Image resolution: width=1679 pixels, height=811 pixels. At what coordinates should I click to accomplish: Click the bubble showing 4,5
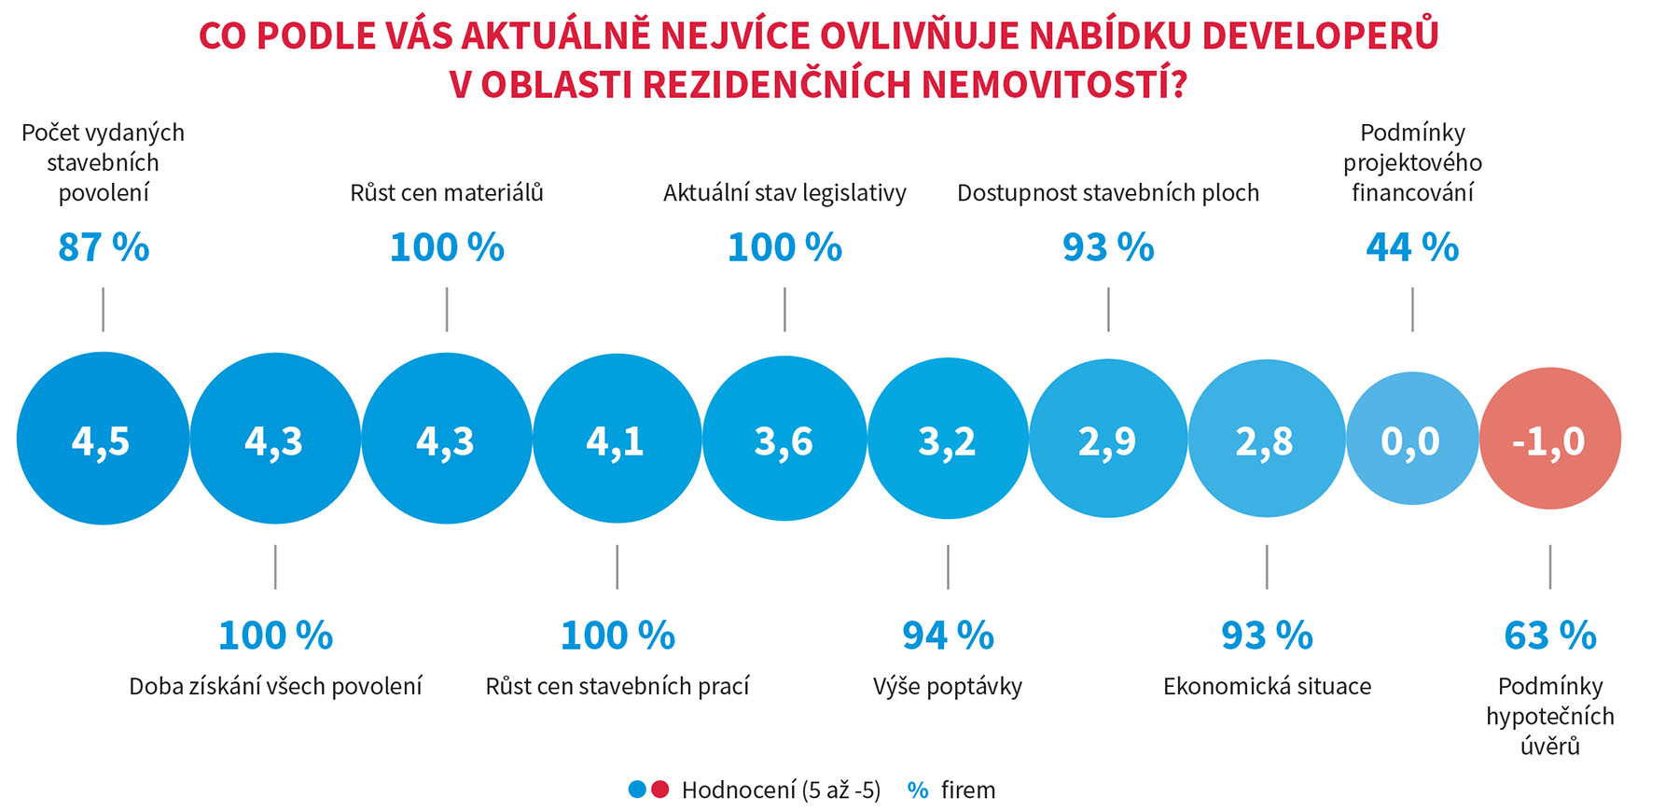pos(103,439)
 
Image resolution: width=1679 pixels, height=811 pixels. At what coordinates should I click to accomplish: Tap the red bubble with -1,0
pos(1549,439)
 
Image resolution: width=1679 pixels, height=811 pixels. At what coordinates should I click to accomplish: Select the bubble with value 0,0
pos(1411,439)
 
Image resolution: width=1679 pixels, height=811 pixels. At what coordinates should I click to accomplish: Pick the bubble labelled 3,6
pos(784,439)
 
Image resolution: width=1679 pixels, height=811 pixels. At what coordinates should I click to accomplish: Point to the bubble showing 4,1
pos(617,439)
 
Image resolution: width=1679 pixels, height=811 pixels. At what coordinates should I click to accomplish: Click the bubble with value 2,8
pos(1266,439)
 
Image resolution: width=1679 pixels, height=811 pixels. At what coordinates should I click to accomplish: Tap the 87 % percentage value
pos(103,247)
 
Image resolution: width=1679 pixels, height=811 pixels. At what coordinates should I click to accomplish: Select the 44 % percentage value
pos(1412,247)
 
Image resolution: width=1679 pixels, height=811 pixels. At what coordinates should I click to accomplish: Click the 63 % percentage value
pos(1549,636)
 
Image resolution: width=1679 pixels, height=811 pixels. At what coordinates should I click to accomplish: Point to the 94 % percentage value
pos(948,636)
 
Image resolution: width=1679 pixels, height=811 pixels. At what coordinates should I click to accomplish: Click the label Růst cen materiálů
pos(447,193)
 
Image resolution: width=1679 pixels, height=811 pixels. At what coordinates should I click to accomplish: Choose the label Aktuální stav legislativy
pos(784,193)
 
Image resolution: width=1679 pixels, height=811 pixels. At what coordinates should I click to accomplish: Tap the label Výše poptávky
pos(948,687)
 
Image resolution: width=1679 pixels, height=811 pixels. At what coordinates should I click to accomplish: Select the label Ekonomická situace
pos(1267,687)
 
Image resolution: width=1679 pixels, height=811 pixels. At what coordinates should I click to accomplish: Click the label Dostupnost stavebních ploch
pos(1108,193)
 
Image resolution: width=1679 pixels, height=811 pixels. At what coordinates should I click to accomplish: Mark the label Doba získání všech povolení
pos(275,687)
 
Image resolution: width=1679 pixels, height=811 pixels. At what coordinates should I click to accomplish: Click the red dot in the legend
pos(660,790)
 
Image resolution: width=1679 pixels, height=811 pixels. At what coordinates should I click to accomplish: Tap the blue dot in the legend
pos(637,790)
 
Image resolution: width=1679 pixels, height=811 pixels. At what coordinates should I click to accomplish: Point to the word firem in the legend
pos(967,790)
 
